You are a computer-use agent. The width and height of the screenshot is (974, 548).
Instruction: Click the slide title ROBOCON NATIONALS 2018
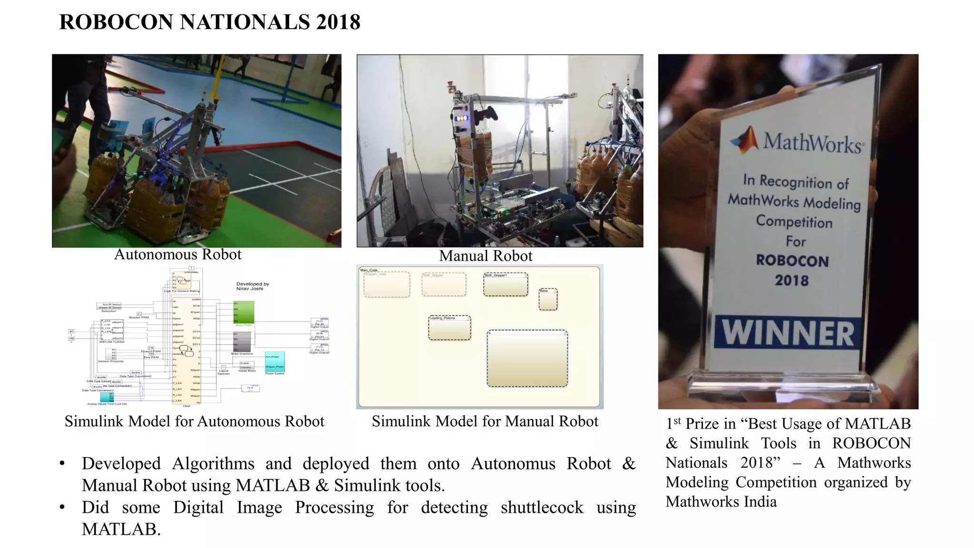click(x=210, y=22)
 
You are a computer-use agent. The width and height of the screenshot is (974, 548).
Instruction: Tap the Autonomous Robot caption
click(x=177, y=254)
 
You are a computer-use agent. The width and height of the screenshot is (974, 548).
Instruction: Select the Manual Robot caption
click(x=486, y=256)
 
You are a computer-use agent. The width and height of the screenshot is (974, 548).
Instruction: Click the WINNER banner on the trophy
click(x=788, y=333)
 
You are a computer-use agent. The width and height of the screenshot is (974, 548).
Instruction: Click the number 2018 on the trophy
click(x=792, y=280)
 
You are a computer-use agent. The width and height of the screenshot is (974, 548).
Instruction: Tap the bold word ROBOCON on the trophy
click(x=792, y=261)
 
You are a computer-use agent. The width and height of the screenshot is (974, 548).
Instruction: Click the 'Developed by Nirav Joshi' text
click(x=253, y=286)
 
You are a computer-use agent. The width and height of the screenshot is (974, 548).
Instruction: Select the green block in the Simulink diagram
click(x=243, y=312)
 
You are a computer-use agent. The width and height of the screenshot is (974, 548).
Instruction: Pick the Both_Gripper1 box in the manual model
click(x=506, y=284)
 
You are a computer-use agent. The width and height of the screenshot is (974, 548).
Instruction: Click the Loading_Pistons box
click(x=449, y=328)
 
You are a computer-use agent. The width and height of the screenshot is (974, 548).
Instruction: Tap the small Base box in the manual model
click(x=548, y=299)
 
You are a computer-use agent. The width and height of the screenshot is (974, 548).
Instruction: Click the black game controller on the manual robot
click(x=486, y=114)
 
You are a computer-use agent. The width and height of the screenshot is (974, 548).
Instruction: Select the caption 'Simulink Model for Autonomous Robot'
click(x=194, y=421)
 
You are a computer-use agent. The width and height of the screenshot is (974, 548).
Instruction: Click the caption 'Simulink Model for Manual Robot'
click(x=485, y=421)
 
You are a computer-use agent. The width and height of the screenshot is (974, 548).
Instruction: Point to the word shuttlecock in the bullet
click(x=542, y=508)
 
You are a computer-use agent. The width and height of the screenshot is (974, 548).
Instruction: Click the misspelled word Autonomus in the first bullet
click(x=513, y=464)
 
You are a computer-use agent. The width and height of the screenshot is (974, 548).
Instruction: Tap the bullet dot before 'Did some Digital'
click(x=62, y=507)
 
